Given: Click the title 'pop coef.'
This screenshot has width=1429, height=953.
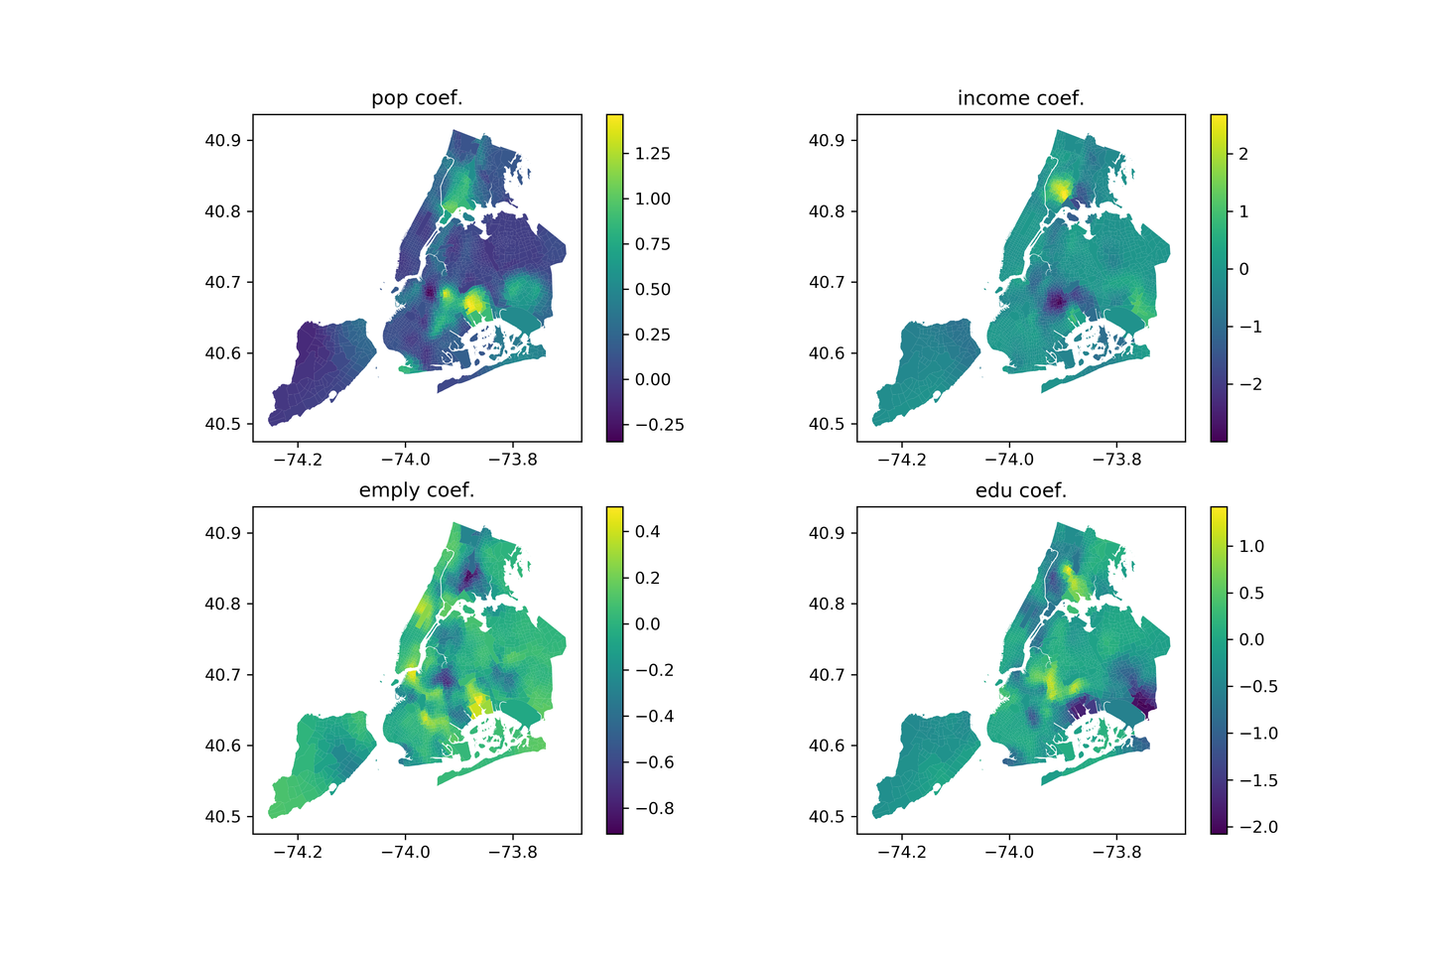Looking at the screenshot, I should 417,98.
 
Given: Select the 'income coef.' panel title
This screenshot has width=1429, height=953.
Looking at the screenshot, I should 1020,98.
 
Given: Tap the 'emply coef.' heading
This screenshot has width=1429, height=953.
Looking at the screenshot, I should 417,490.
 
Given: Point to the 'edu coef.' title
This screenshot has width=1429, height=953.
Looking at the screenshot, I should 1020,490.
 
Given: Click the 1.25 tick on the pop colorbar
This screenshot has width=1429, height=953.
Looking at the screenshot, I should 653,154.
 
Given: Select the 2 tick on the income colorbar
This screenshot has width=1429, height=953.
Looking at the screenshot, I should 1243,154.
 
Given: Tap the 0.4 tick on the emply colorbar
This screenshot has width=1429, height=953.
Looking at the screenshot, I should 648,532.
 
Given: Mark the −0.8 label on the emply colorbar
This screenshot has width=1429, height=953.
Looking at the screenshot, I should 653,808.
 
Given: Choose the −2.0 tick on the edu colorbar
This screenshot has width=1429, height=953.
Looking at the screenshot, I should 1256,827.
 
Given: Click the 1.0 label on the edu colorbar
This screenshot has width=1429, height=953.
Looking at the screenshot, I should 1250,546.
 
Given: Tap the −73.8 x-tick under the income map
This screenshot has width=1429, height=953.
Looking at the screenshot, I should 1116,460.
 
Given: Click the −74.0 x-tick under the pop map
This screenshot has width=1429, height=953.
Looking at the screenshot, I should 404,460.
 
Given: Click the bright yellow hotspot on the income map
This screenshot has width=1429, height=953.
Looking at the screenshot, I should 1061,190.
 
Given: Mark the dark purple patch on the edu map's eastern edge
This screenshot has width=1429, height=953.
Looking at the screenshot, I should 1146,704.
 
